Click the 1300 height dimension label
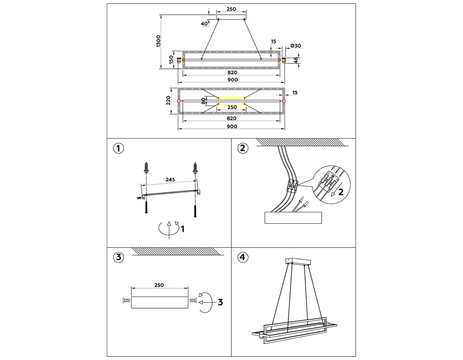(158, 41)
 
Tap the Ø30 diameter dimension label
(296, 46)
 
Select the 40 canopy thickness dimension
(204, 24)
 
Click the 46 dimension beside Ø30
(296, 60)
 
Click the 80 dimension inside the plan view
(203, 101)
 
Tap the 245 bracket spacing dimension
(170, 179)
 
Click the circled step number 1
(118, 148)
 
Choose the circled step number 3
(118, 257)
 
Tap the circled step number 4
(243, 257)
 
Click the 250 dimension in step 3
(159, 285)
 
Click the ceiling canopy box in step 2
(293, 218)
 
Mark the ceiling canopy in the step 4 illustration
(298, 262)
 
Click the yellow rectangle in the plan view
(231, 101)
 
